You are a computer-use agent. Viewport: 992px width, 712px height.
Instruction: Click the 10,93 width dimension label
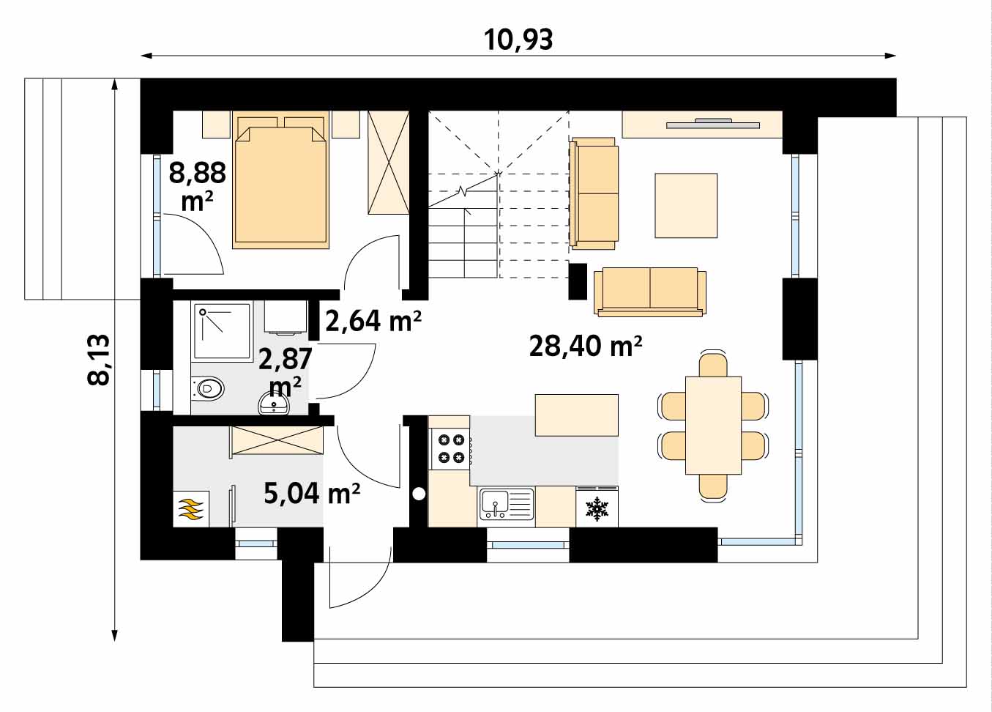(518, 40)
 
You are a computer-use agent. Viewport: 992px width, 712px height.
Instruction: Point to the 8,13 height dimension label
(98, 360)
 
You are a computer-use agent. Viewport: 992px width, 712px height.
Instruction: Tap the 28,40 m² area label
(586, 346)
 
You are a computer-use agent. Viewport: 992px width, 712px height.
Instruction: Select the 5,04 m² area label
(312, 493)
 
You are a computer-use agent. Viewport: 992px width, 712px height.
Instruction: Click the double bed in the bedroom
(281, 180)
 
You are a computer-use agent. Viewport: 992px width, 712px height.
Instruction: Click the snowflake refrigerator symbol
(597, 508)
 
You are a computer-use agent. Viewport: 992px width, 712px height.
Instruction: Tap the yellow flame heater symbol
(190, 508)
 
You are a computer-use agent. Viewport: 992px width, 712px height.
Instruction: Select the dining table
(713, 426)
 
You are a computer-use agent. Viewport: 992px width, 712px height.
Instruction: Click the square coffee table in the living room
(686, 206)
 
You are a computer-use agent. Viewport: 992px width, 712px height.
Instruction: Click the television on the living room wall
(713, 124)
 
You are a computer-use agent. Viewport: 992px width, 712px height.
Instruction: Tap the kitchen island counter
(577, 415)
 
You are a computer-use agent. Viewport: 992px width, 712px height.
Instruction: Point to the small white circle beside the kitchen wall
(419, 494)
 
